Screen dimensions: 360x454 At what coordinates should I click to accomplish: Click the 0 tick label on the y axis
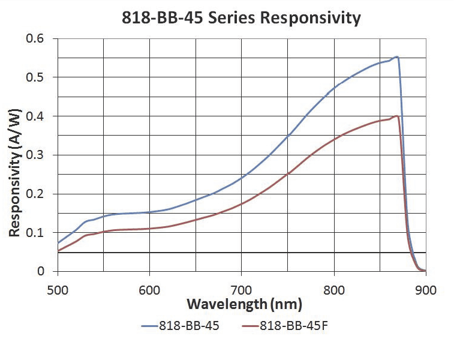click(47, 271)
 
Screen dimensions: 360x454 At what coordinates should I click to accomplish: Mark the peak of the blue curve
click(396, 57)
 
